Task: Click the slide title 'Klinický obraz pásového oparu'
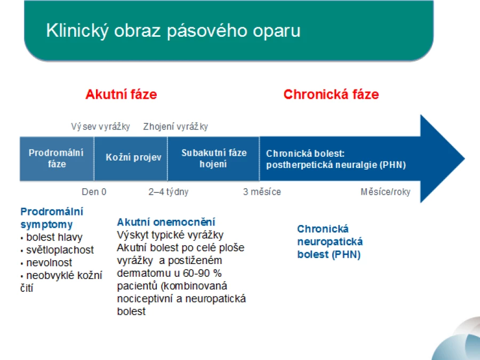pyautogui.click(x=173, y=31)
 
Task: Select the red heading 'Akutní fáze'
pyautogui.click(x=121, y=94)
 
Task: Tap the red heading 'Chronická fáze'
pyautogui.click(x=331, y=94)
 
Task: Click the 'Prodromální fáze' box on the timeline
pyautogui.click(x=57, y=158)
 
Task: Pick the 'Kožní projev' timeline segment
pyautogui.click(x=131, y=158)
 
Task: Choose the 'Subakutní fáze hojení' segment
pyautogui.click(x=214, y=158)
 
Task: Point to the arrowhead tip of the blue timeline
pyautogui.click(x=465, y=158)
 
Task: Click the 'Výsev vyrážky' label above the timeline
pyautogui.click(x=100, y=126)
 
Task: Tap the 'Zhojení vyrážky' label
pyautogui.click(x=175, y=126)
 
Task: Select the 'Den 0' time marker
pyautogui.click(x=94, y=192)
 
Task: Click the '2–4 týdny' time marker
pyautogui.click(x=169, y=192)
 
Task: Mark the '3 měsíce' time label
pyautogui.click(x=262, y=192)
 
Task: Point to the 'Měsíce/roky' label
pyautogui.click(x=386, y=192)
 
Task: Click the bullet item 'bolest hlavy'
pyautogui.click(x=54, y=237)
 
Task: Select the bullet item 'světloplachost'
pyautogui.click(x=60, y=250)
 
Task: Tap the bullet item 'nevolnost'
pyautogui.click(x=49, y=262)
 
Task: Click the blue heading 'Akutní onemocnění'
pyautogui.click(x=166, y=222)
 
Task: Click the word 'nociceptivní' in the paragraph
pyautogui.click(x=145, y=299)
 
